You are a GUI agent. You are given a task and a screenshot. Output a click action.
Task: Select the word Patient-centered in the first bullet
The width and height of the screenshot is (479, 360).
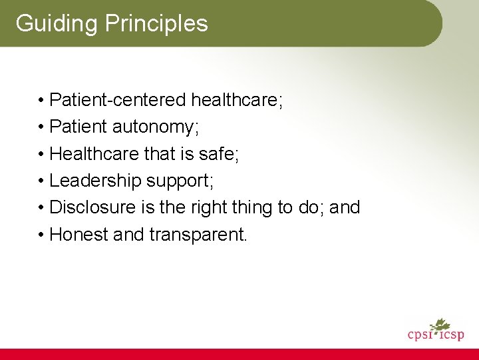(118, 100)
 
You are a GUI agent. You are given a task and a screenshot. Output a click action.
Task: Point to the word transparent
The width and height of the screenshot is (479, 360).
(198, 235)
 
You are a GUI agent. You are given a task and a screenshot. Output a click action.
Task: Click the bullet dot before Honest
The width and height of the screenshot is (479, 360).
(41, 235)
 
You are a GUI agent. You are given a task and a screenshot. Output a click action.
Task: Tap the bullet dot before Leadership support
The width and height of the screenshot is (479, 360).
(41, 181)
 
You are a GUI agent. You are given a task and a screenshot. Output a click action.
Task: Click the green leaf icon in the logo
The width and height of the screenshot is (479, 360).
(440, 325)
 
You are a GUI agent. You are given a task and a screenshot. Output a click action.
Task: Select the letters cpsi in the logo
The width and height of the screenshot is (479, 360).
(420, 334)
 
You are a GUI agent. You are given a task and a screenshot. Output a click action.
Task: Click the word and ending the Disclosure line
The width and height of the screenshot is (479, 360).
(345, 207)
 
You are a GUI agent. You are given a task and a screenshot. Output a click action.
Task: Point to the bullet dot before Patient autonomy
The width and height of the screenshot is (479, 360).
(41, 127)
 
